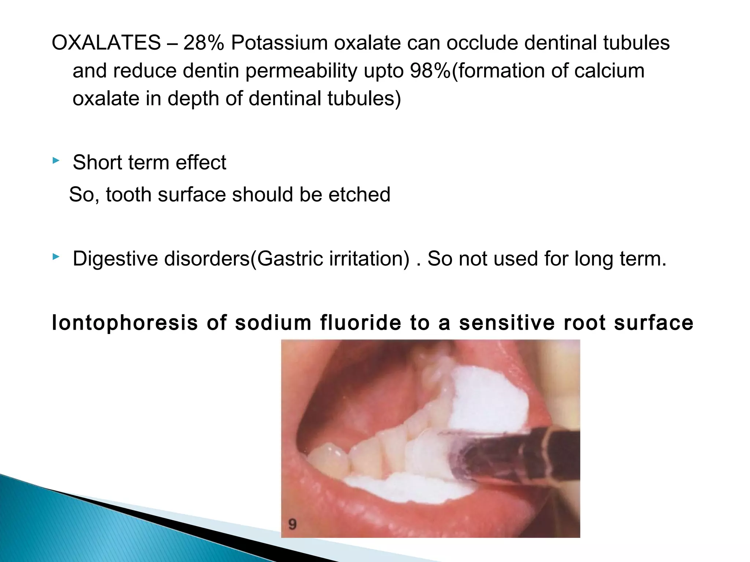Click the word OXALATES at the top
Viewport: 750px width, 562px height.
coord(106,43)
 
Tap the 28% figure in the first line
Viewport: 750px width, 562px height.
coord(204,43)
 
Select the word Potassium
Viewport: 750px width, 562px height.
coord(279,43)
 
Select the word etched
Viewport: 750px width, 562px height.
coord(359,194)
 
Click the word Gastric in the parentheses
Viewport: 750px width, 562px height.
coord(289,259)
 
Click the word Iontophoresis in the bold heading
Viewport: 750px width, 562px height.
coord(125,323)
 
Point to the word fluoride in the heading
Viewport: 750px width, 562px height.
coord(361,323)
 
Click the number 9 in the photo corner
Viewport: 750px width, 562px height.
coord(292,524)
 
